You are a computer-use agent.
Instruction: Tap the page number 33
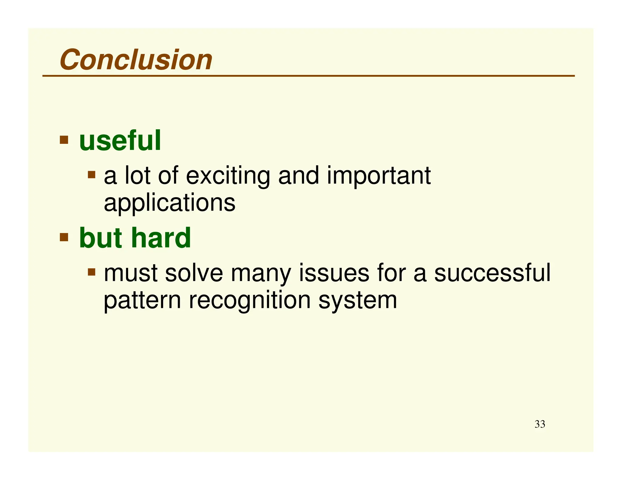click(539, 424)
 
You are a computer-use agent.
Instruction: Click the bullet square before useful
click(64, 140)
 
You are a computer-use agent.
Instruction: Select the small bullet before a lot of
click(91, 175)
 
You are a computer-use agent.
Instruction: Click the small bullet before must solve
click(91, 272)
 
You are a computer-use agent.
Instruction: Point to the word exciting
click(228, 176)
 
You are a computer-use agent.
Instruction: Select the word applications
click(169, 203)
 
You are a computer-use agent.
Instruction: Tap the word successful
click(492, 273)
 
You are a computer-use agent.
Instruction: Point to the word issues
click(334, 273)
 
